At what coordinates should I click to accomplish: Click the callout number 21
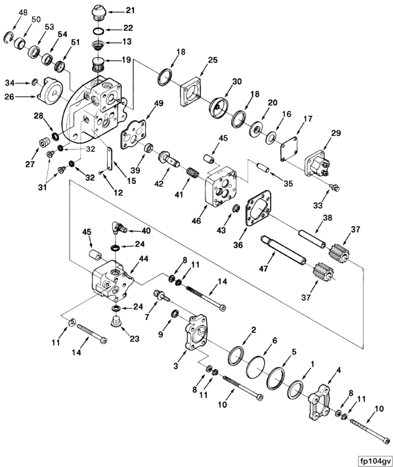pyautogui.click(x=130, y=11)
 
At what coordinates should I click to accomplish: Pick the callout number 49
pyautogui.click(x=159, y=104)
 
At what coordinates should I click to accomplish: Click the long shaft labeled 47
pyautogui.click(x=283, y=250)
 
